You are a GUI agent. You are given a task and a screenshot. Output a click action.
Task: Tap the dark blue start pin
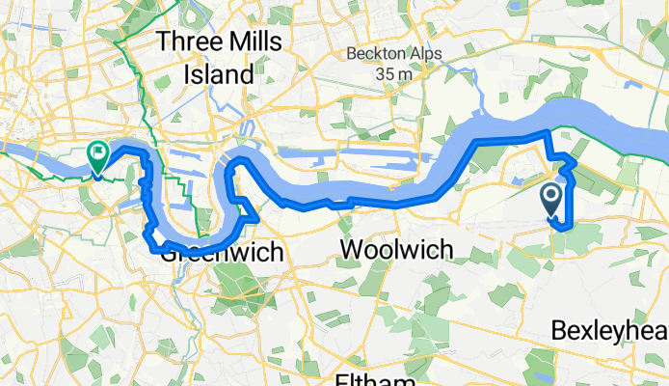point(552,201)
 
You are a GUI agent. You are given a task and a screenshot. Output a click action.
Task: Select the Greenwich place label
point(222,253)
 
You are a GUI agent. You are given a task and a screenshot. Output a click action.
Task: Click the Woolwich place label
point(396,250)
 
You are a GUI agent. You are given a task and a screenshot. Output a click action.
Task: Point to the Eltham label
point(375,379)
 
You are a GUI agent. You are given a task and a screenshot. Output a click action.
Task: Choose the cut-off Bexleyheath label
point(609,331)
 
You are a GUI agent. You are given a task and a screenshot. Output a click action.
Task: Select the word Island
point(221,73)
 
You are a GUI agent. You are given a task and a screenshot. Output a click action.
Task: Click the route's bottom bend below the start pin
point(560,227)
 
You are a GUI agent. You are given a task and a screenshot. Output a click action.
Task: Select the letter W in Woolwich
point(351,250)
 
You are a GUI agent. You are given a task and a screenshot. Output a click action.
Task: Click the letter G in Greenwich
point(170,253)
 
